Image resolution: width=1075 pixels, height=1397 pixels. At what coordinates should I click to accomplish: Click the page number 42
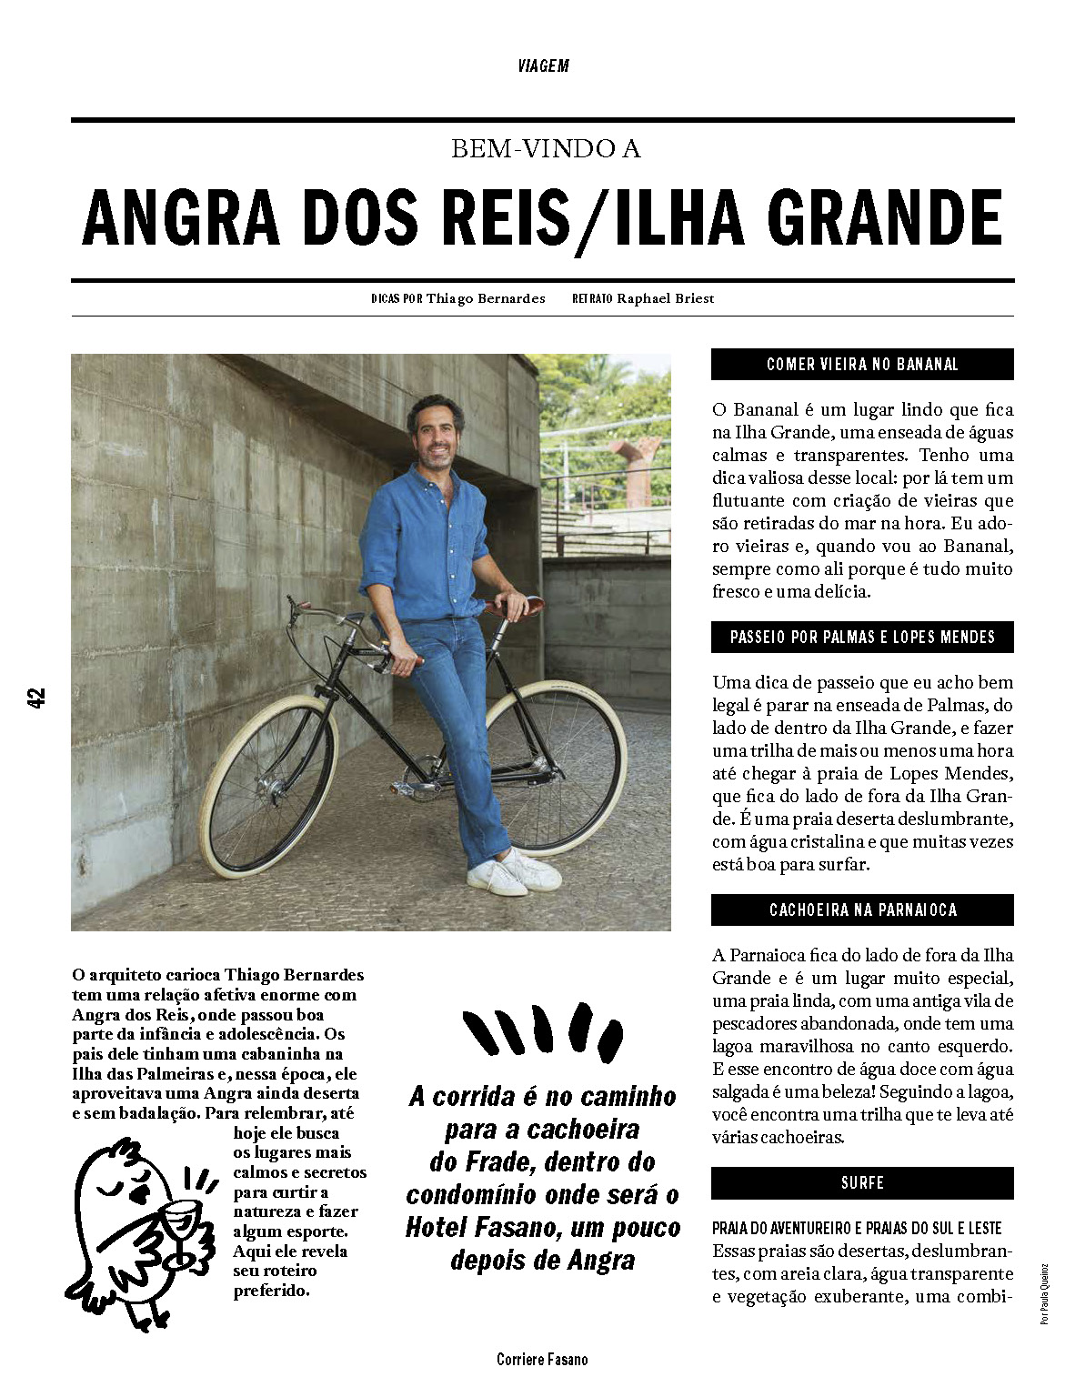[36, 698]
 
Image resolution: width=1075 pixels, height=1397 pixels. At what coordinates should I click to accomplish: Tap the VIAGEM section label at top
[543, 66]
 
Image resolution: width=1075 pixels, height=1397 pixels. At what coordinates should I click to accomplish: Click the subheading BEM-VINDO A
[546, 149]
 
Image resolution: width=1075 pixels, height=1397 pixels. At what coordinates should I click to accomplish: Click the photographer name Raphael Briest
[666, 298]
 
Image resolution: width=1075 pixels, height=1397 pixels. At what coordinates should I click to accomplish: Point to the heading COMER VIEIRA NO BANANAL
[862, 365]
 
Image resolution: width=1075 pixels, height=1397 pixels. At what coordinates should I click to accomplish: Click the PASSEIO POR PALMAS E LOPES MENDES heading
[862, 638]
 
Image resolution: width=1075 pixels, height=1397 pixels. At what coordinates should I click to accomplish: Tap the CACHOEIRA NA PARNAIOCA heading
[862, 910]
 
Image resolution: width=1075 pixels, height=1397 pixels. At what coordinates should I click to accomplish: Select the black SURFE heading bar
[862, 1183]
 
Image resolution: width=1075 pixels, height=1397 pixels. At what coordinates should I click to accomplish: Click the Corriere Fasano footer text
[542, 1360]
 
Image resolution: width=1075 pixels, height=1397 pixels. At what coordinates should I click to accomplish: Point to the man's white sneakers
[514, 873]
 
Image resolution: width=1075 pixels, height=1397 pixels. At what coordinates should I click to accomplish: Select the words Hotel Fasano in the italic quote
[478, 1228]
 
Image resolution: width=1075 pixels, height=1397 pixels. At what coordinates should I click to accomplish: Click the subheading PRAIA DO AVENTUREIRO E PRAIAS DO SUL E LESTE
[857, 1228]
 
